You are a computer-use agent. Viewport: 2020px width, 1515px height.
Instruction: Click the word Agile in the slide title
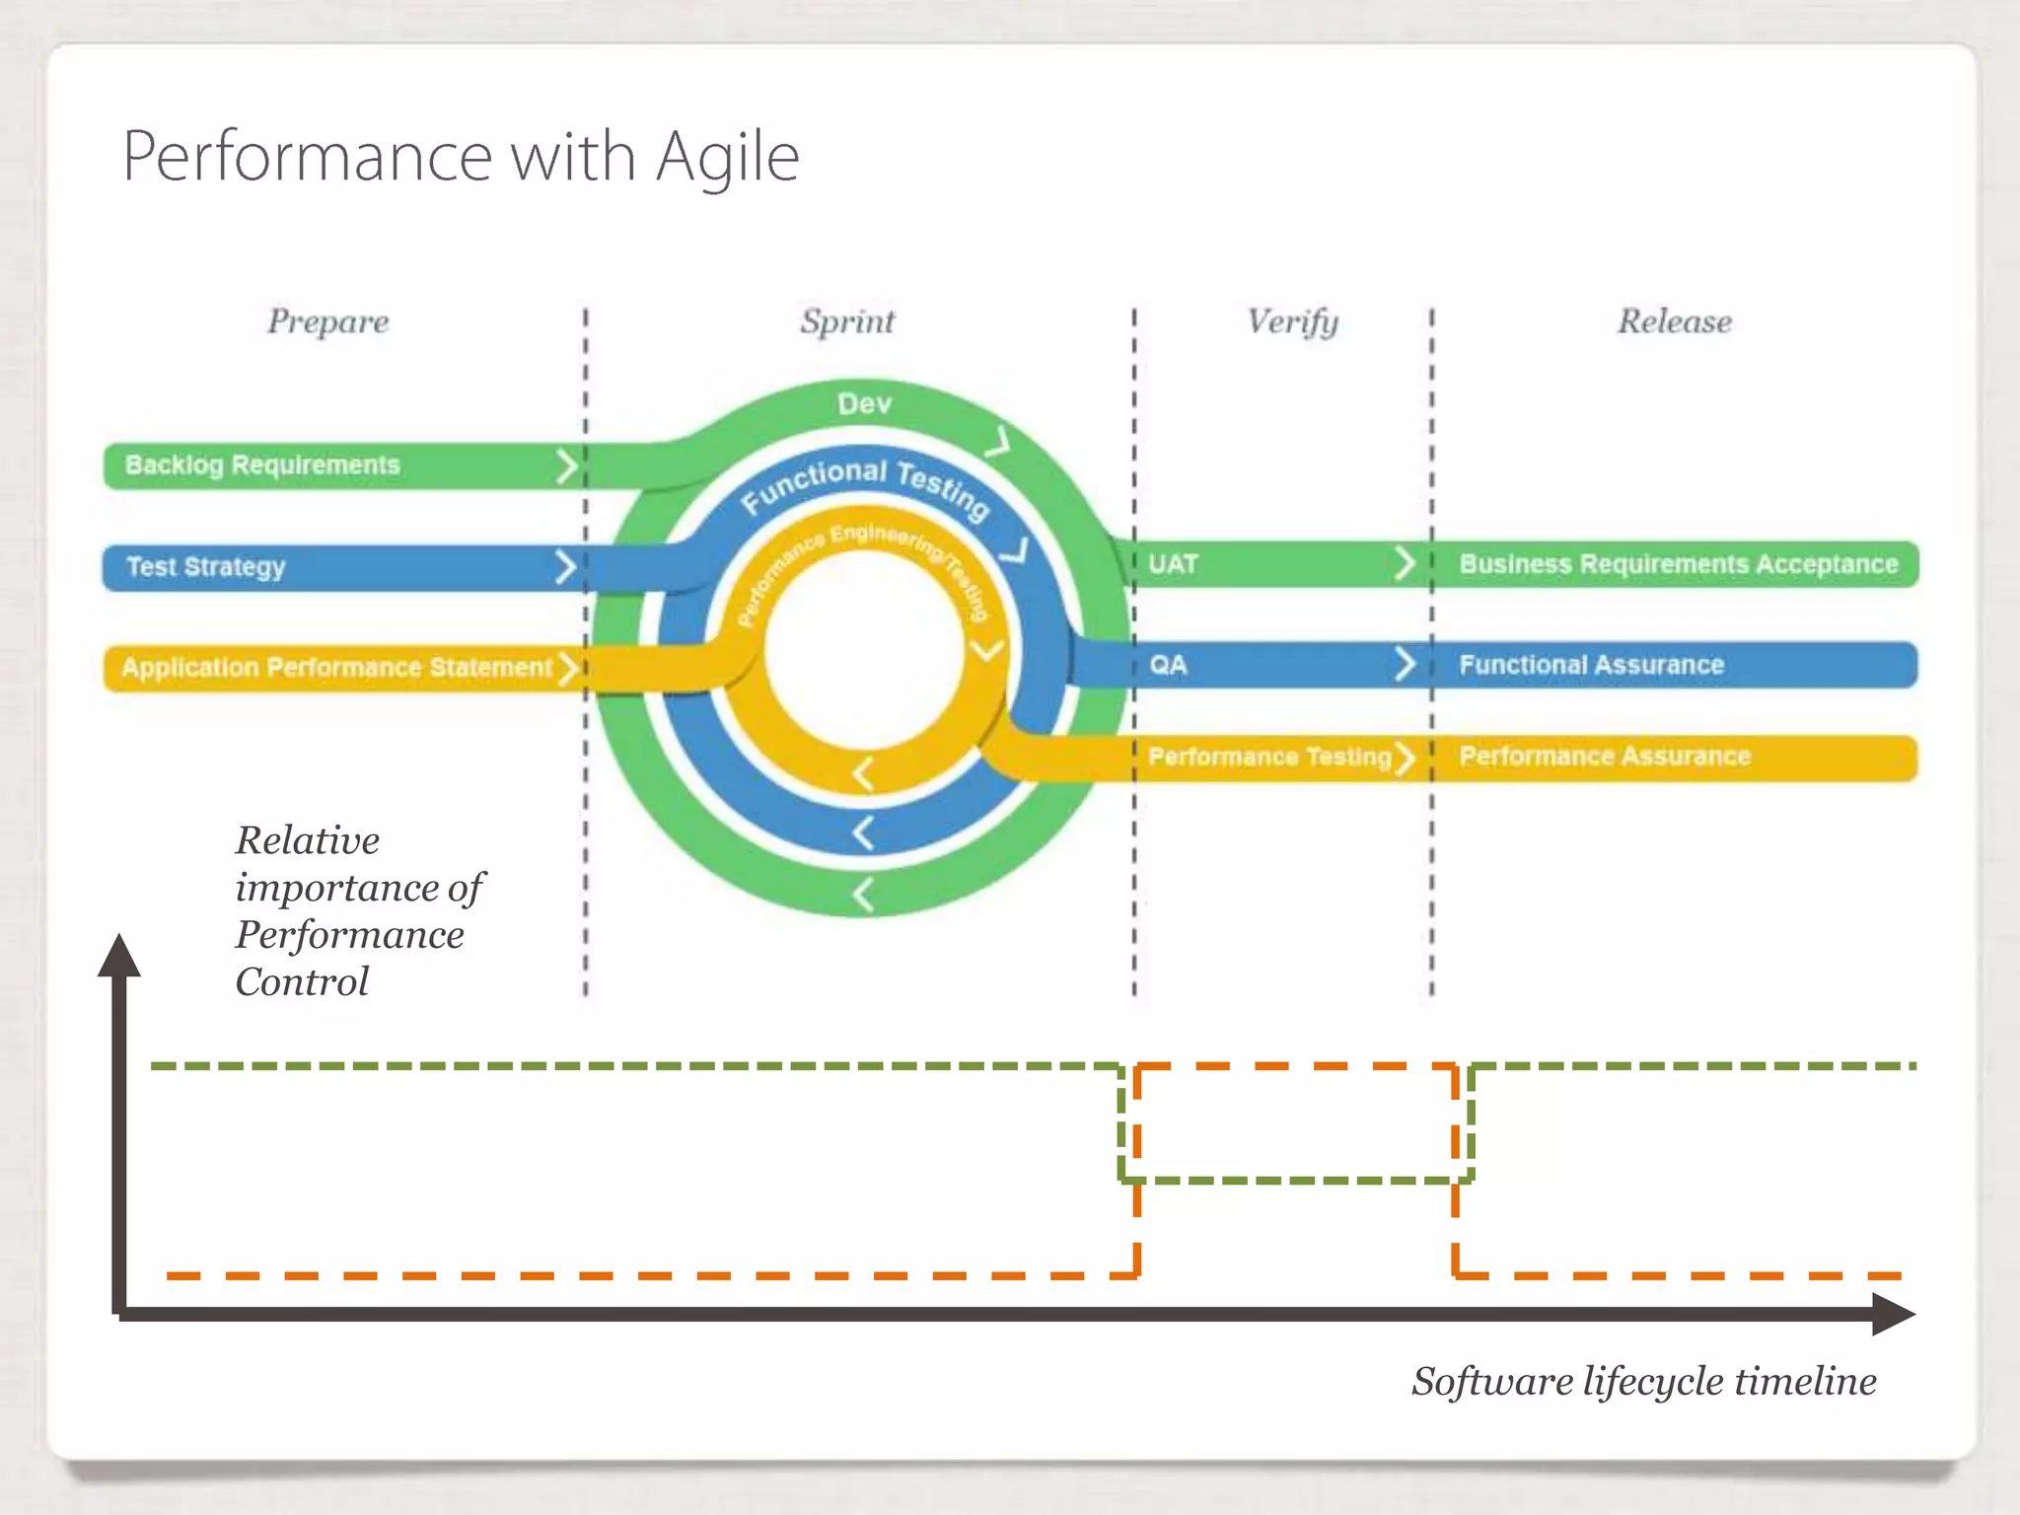(727, 158)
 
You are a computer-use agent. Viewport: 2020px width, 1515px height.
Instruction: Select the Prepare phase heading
(327, 322)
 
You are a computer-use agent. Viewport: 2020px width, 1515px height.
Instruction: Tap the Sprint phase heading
(847, 322)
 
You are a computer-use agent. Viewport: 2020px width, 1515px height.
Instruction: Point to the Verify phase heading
(1292, 322)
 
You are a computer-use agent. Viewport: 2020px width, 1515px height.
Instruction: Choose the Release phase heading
(1674, 322)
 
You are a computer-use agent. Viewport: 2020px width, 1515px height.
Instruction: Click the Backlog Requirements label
(262, 465)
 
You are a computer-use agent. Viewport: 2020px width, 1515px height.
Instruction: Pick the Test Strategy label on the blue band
(205, 567)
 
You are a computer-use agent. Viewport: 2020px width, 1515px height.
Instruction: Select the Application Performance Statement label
(336, 668)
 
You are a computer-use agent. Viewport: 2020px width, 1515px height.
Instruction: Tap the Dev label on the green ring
(864, 403)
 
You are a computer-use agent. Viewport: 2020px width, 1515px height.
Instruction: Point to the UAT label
(1173, 564)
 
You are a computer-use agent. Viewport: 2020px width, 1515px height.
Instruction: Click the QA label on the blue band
(1168, 665)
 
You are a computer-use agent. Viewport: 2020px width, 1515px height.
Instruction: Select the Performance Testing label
(1269, 757)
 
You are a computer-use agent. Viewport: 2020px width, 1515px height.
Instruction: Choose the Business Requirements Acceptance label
(1678, 564)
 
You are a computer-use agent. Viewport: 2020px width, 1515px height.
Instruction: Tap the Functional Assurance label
(1591, 665)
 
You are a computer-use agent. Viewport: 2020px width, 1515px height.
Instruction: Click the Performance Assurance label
(1604, 757)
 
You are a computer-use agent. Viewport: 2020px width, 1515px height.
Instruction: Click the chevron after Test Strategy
(565, 567)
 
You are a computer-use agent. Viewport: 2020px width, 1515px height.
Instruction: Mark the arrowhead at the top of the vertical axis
(119, 955)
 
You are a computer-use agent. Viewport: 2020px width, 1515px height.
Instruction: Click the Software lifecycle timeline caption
(1643, 1381)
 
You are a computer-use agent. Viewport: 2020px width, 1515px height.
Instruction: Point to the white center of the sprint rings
(863, 651)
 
